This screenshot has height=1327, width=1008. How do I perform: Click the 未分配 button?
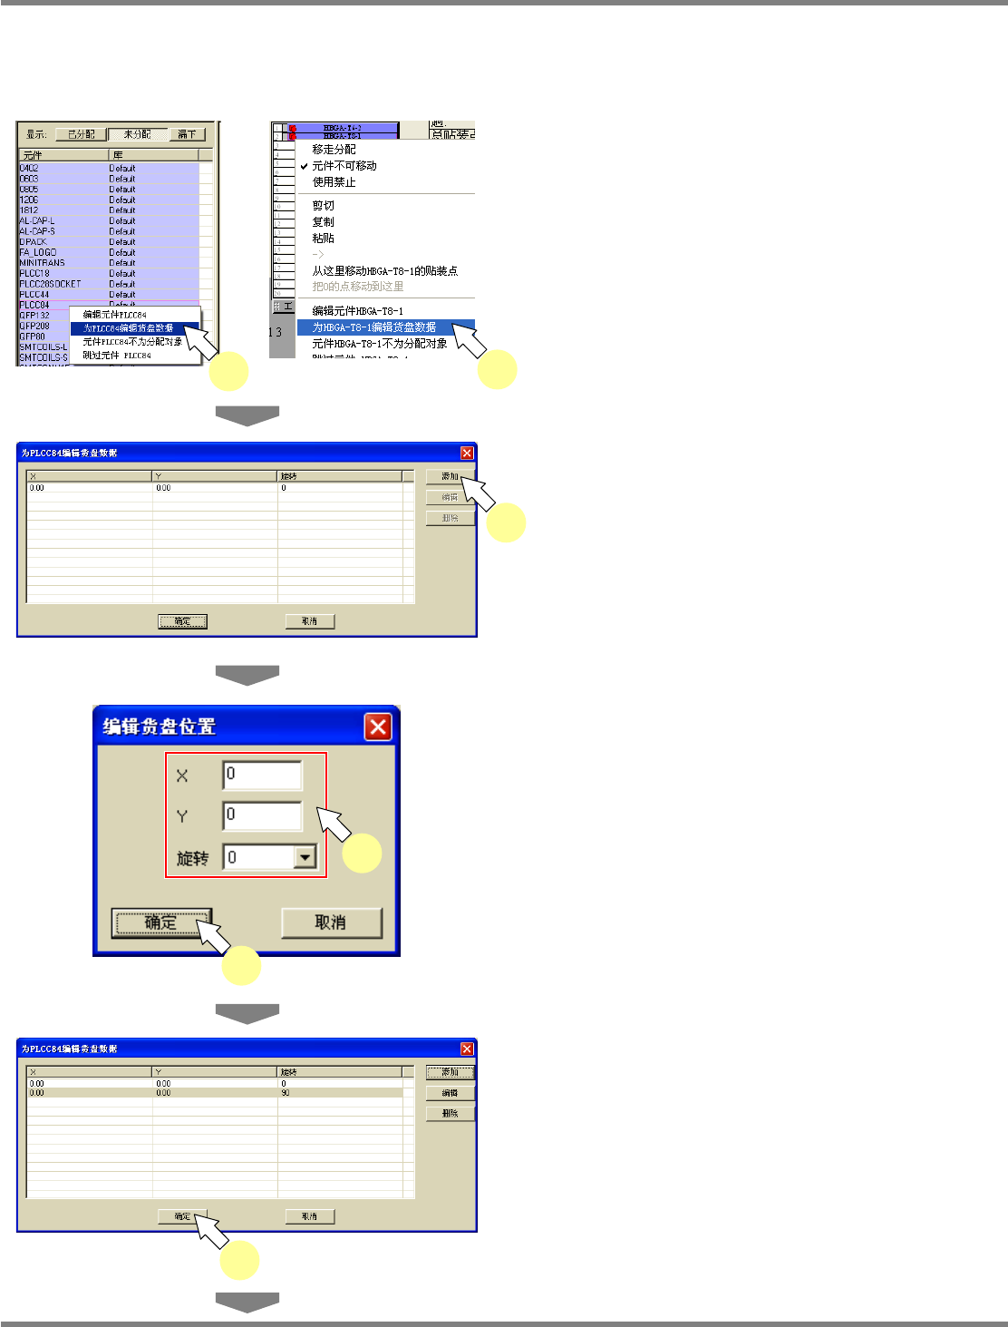(x=138, y=134)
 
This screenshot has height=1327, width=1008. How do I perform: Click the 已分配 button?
(x=82, y=134)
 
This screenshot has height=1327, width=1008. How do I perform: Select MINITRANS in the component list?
(x=43, y=263)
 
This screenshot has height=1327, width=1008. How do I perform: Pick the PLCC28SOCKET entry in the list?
(x=50, y=284)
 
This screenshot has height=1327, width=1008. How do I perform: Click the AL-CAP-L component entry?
(x=37, y=220)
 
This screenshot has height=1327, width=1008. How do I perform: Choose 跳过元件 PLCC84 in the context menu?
(x=117, y=356)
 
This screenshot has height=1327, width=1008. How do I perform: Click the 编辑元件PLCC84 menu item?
(x=115, y=315)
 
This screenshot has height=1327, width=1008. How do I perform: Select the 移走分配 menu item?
(x=334, y=150)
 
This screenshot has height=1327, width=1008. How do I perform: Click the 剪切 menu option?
(x=323, y=206)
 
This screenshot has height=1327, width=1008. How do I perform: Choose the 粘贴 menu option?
(x=323, y=239)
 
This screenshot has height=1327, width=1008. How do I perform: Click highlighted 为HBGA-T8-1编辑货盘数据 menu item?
(x=374, y=327)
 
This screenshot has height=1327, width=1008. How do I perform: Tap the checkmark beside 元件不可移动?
(x=305, y=166)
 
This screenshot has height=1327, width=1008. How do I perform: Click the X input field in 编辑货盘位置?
(x=262, y=776)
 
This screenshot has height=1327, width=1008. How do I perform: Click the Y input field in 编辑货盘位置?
(x=262, y=815)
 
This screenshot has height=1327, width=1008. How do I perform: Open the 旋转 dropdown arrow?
(x=305, y=857)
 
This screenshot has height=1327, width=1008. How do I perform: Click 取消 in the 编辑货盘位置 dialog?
(x=331, y=922)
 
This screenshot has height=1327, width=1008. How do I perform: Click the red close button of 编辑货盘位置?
(x=378, y=727)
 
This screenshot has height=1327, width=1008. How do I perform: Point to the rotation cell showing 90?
(x=286, y=1093)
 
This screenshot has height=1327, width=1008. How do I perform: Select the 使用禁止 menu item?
(x=334, y=182)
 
